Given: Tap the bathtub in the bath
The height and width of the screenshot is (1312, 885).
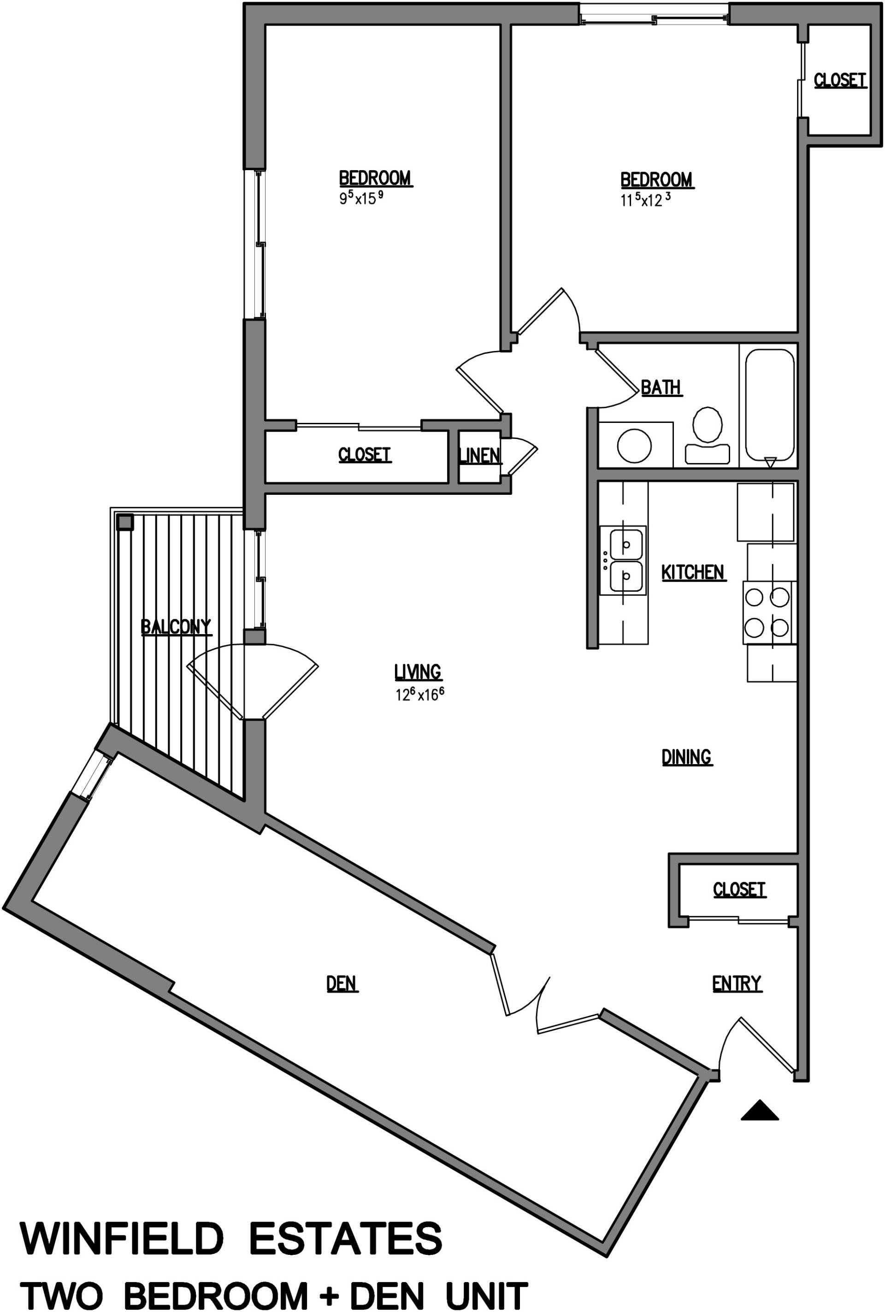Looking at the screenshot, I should [x=770, y=404].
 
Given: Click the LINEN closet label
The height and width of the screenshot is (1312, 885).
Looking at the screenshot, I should [x=479, y=455].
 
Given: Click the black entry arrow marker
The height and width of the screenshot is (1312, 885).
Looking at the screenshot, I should [x=759, y=1110].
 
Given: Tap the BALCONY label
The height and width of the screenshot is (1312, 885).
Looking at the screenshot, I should [x=176, y=626].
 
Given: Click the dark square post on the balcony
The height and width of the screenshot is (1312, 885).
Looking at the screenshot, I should [x=125, y=522].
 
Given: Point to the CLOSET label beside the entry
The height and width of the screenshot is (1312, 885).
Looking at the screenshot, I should [x=739, y=889].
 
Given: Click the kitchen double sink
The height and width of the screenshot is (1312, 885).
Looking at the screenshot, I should [x=625, y=560].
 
